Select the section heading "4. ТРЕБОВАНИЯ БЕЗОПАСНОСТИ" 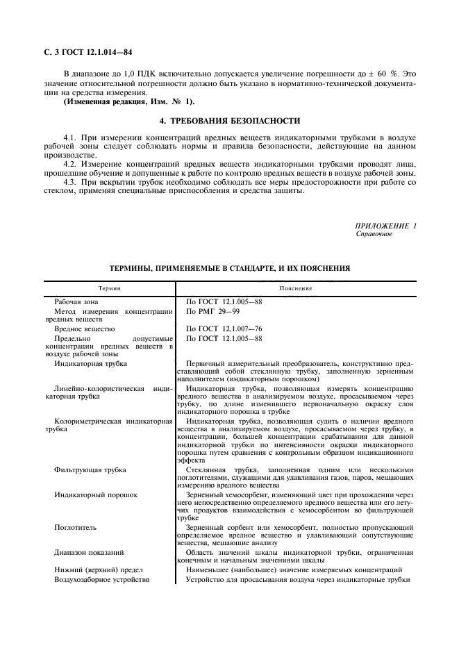(x=229, y=120)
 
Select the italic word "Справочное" (x=374, y=234)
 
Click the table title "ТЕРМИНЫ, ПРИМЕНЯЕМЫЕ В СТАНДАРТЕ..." (x=229, y=267)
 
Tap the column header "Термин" (x=109, y=287)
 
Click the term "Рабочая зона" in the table (x=76, y=302)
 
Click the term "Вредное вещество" (x=85, y=328)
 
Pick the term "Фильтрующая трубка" (x=90, y=470)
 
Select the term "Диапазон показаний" (x=90, y=553)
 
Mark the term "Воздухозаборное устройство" (x=102, y=578)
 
